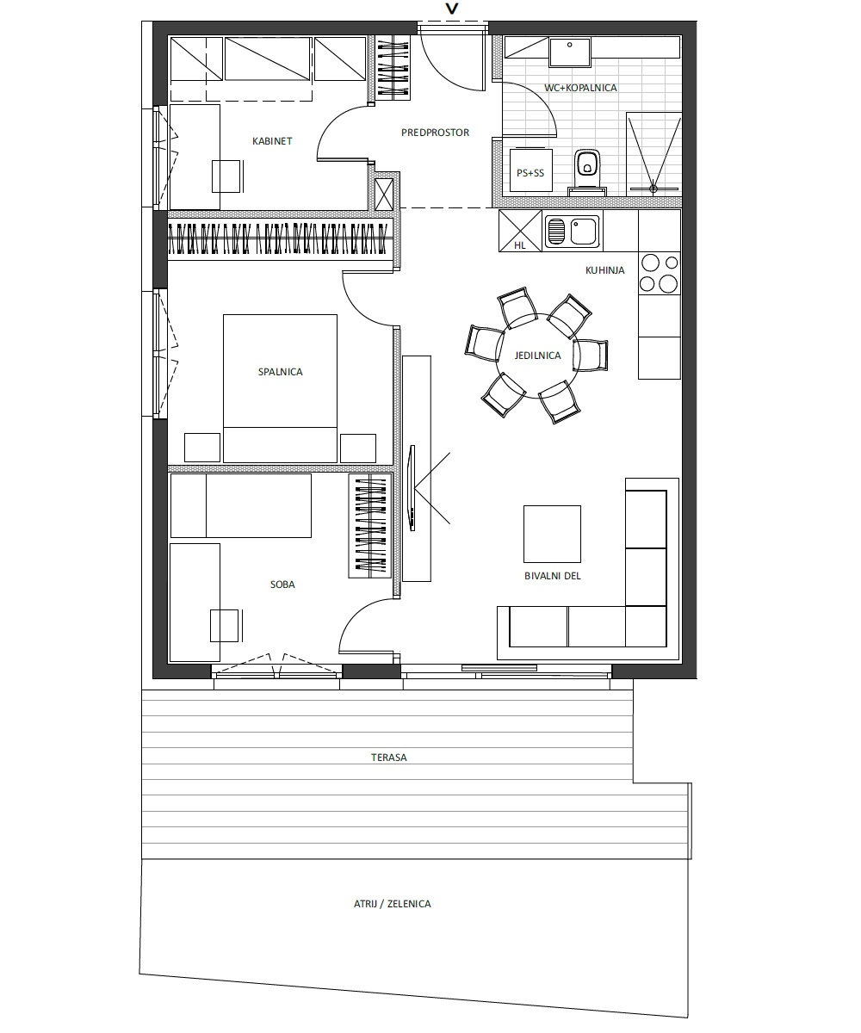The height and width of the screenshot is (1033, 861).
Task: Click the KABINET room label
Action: [x=272, y=141]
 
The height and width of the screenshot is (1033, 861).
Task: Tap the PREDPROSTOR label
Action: [x=435, y=133]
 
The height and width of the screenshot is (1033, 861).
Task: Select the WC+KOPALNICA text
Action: [x=580, y=88]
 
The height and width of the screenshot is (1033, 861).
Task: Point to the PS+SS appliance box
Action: [x=530, y=170]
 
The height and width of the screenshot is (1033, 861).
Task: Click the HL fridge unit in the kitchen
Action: [x=519, y=231]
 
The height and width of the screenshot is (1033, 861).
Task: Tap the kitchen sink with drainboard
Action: [x=572, y=232]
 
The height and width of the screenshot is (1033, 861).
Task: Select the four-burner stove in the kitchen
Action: [x=660, y=274]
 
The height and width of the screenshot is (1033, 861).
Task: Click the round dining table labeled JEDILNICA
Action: [x=538, y=356]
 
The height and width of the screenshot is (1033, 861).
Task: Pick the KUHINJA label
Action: [x=604, y=270]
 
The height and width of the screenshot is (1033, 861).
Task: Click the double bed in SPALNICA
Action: [x=280, y=388]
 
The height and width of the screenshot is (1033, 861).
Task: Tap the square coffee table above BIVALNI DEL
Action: [x=552, y=534]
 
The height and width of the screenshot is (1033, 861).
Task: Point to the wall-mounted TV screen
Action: [x=412, y=488]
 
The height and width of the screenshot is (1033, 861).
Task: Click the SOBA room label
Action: [x=282, y=585]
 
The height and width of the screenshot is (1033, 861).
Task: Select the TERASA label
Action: [x=389, y=757]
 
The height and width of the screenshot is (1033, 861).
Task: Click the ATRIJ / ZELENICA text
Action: [x=392, y=904]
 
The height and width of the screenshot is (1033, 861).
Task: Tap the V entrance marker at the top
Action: [x=452, y=9]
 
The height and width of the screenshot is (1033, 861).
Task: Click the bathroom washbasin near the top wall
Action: [x=569, y=53]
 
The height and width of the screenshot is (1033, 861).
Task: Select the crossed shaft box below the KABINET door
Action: [x=384, y=195]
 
